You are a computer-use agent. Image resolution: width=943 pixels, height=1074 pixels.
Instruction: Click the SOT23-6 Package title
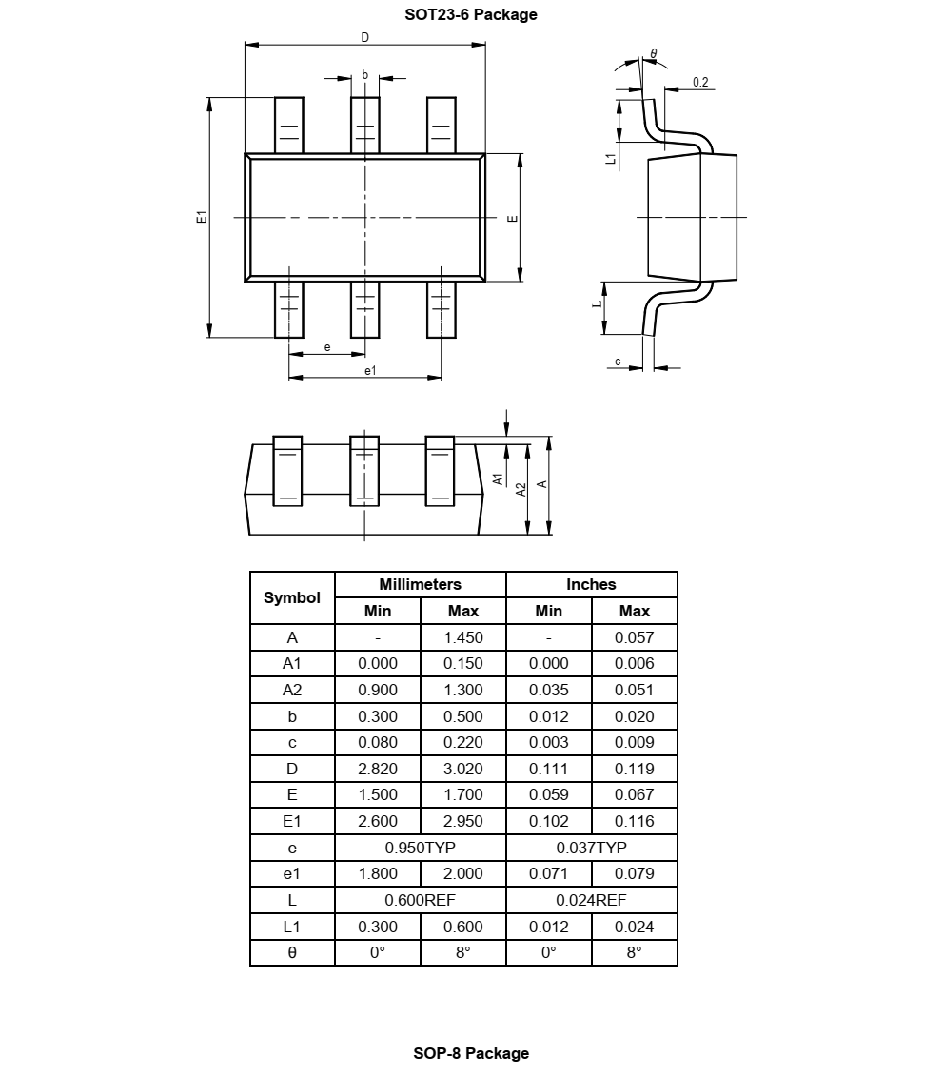(471, 14)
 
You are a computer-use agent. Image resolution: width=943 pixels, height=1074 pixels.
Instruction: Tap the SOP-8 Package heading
(471, 1053)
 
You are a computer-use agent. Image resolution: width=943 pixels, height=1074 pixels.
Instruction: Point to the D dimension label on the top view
(364, 37)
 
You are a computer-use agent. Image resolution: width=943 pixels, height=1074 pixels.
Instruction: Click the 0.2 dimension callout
(700, 83)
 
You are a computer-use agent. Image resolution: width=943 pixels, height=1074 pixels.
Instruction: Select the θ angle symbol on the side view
(654, 53)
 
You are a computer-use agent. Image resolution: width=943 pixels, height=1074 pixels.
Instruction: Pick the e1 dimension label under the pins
(370, 370)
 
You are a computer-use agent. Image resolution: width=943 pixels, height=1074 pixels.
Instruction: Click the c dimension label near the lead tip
(618, 361)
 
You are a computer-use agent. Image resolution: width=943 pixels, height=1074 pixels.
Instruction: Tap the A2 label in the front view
(521, 488)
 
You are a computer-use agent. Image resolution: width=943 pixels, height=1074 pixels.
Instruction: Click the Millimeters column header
(420, 584)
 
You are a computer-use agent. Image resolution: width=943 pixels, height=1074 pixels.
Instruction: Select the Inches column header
(591, 584)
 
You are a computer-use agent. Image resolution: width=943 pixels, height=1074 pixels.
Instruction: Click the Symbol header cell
(292, 597)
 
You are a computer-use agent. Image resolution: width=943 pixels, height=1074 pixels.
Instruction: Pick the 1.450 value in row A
(463, 637)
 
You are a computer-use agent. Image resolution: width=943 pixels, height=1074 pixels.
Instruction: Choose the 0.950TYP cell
(420, 847)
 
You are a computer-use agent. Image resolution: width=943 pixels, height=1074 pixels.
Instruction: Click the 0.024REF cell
(591, 900)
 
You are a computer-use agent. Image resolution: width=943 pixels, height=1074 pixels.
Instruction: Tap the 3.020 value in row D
(463, 769)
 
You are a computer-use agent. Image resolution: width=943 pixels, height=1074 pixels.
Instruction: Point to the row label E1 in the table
(292, 821)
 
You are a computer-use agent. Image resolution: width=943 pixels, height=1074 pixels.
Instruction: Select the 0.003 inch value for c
(548, 742)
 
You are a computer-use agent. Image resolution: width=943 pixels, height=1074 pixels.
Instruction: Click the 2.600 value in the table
(378, 821)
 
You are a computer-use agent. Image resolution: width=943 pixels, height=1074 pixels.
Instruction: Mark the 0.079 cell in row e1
(634, 873)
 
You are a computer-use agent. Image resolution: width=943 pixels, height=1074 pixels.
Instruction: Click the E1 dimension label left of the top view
(201, 217)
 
